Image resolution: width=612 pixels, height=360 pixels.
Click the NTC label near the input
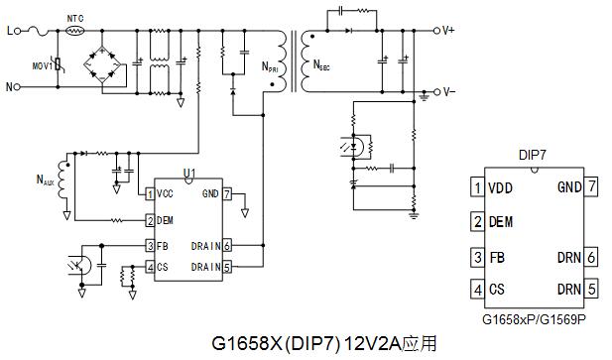(75, 18)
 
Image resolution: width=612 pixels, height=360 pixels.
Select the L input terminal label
(9, 31)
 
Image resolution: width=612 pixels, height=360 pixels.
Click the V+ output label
(446, 31)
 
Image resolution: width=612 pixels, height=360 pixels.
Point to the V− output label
(446, 91)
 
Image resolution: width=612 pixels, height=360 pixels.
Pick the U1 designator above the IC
(189, 173)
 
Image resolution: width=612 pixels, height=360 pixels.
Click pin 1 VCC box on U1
(150, 193)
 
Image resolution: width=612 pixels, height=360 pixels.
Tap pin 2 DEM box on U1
(150, 220)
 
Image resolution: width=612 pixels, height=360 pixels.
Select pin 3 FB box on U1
(150, 246)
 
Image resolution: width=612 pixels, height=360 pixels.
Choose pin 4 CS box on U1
(150, 267)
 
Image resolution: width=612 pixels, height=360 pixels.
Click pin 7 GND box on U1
(227, 193)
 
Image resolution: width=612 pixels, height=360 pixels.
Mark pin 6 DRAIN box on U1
(227, 246)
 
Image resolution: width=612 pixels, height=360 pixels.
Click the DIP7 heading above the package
(534, 157)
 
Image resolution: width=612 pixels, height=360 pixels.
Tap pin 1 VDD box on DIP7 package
(477, 186)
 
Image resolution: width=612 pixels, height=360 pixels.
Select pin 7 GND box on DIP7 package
(592, 186)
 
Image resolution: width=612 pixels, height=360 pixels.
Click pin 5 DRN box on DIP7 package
(592, 290)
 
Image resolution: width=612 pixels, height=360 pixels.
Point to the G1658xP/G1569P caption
(535, 319)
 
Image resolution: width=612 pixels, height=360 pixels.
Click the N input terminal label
(10, 87)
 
